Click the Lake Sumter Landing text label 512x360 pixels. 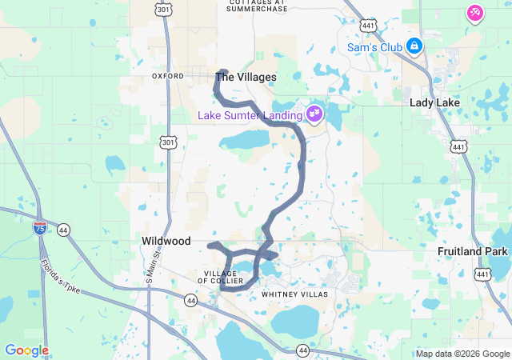[250, 115]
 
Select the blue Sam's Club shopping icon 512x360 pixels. [414, 46]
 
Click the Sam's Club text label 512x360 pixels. [374, 47]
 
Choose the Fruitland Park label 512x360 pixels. [473, 251]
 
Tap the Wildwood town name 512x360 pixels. [166, 241]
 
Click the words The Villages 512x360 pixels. [246, 78]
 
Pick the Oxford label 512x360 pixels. [168, 76]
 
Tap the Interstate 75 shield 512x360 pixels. [39, 229]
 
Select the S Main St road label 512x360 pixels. [150, 270]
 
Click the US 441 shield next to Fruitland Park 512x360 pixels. [482, 274]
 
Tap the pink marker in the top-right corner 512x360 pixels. [474, 13]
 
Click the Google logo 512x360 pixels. [26, 350]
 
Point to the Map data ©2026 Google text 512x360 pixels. [462, 354]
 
